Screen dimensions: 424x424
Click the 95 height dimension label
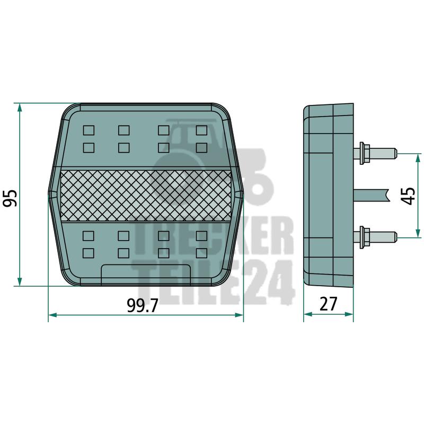click(x=10, y=198)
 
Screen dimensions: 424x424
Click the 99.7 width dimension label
click(x=142, y=306)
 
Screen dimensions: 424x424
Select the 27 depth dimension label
click(x=328, y=304)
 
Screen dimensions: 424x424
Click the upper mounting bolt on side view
click(x=377, y=153)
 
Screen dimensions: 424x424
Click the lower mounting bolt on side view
click(x=377, y=236)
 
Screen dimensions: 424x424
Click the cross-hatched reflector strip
click(x=146, y=196)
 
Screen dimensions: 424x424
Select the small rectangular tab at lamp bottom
click(x=146, y=275)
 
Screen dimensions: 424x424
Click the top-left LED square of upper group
click(x=89, y=130)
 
